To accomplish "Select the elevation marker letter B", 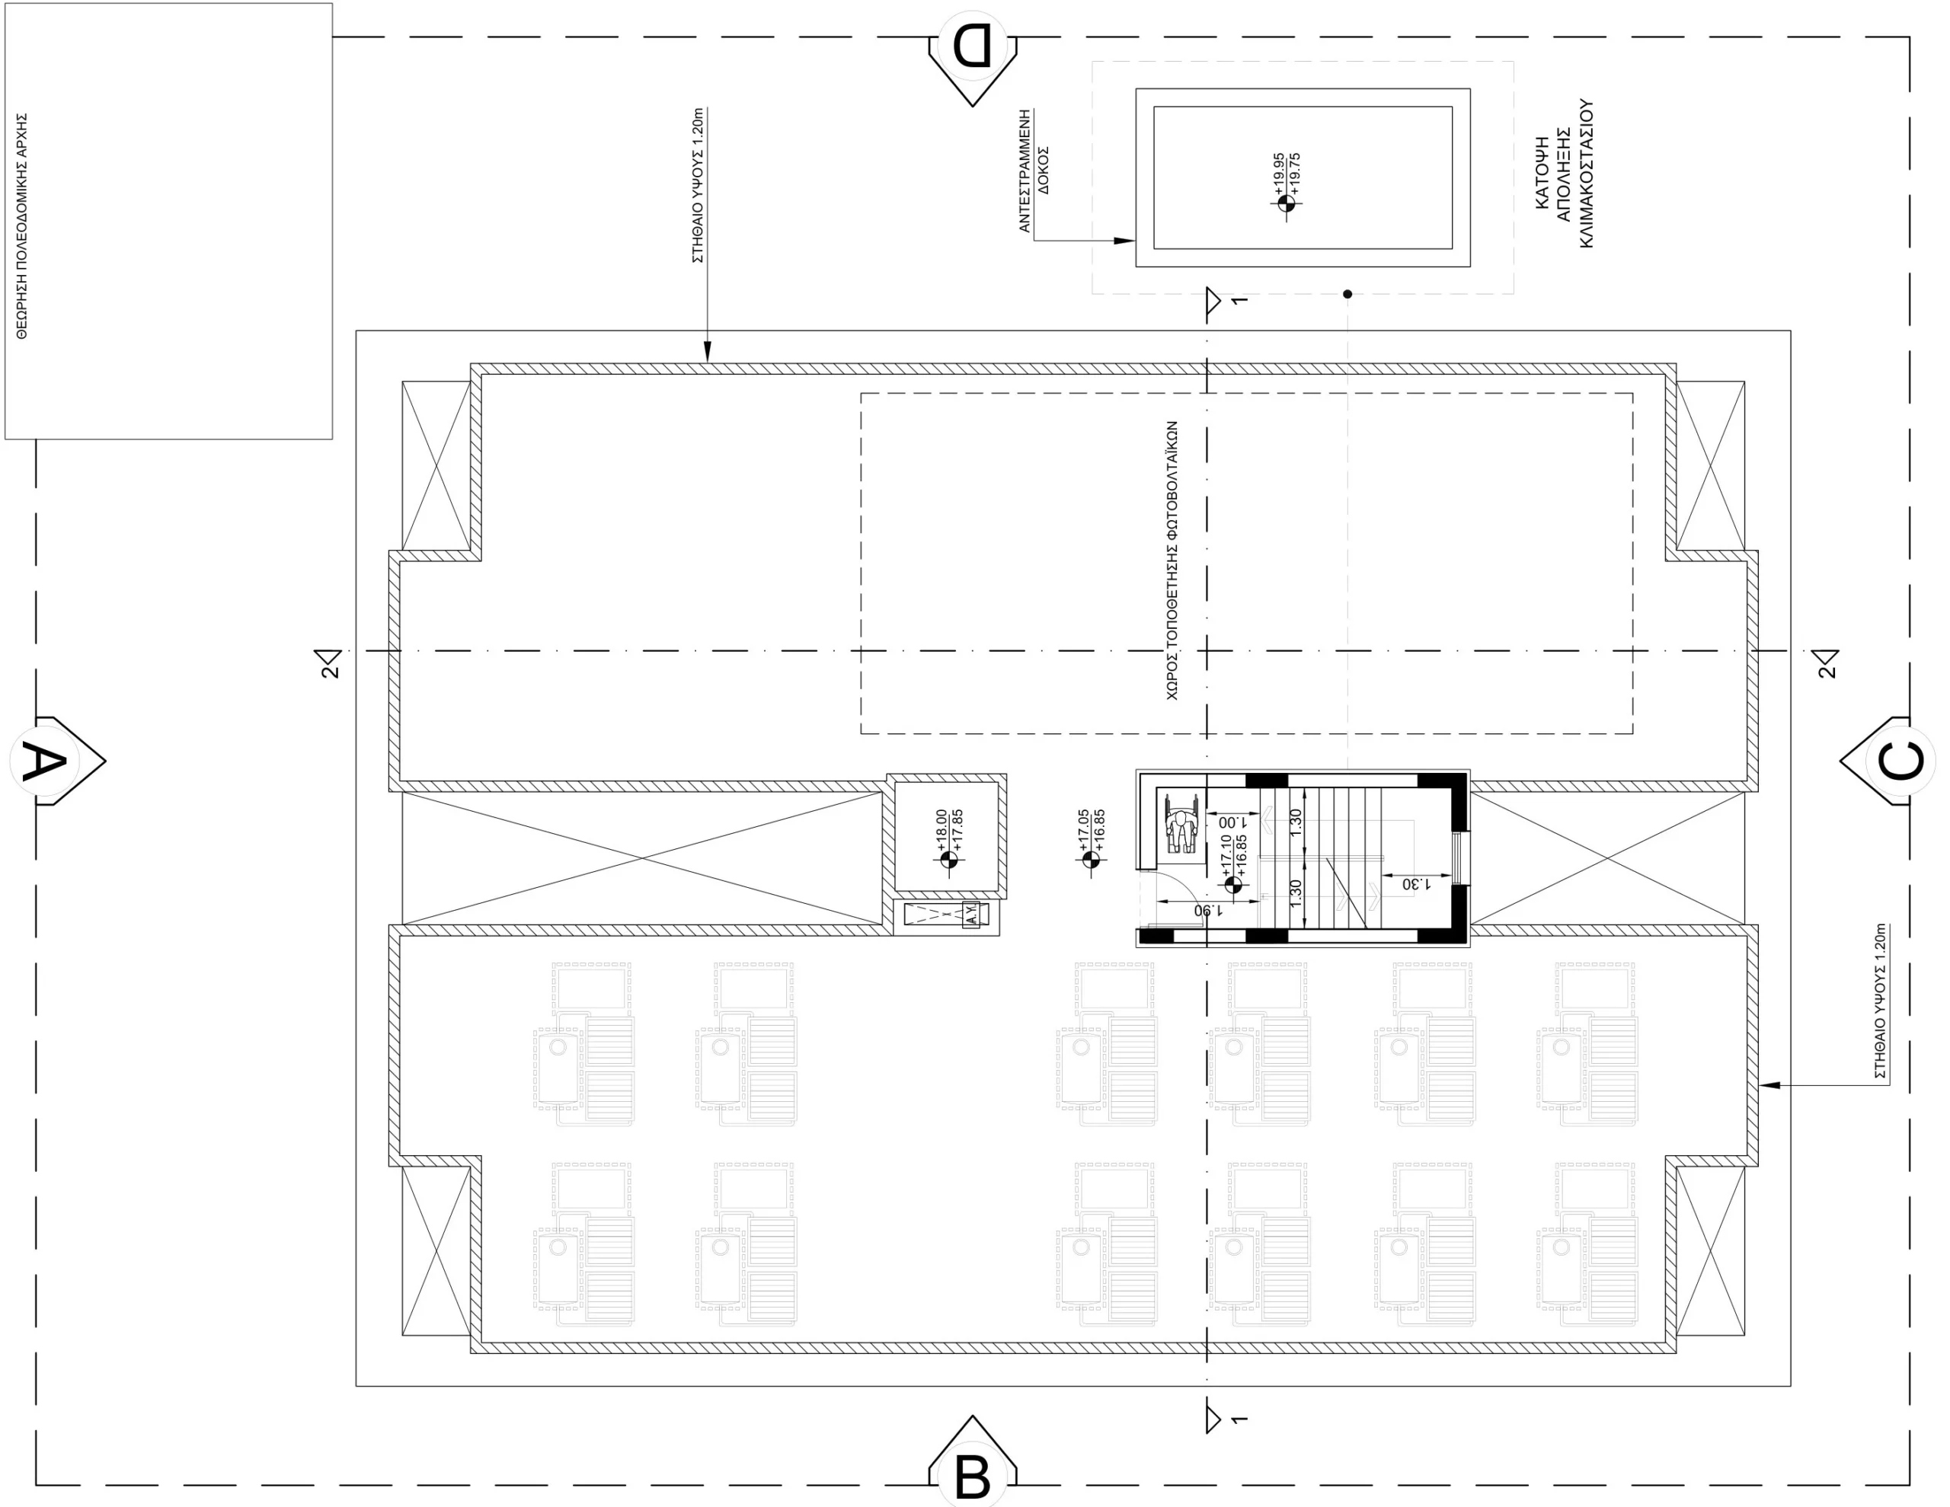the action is click(972, 1477).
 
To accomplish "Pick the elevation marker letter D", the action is click(972, 46).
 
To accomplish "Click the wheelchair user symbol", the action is click(1181, 824).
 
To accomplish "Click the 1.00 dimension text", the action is click(1232, 822).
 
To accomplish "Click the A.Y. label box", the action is click(970, 915).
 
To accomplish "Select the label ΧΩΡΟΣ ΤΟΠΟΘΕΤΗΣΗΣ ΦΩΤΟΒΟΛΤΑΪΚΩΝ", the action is click(1172, 560).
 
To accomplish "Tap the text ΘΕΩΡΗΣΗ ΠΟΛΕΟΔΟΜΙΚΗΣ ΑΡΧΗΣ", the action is click(22, 226).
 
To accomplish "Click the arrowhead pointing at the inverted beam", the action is click(1124, 240).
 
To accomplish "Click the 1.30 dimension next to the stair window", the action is click(1417, 884).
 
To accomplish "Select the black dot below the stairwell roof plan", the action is click(1347, 294).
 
